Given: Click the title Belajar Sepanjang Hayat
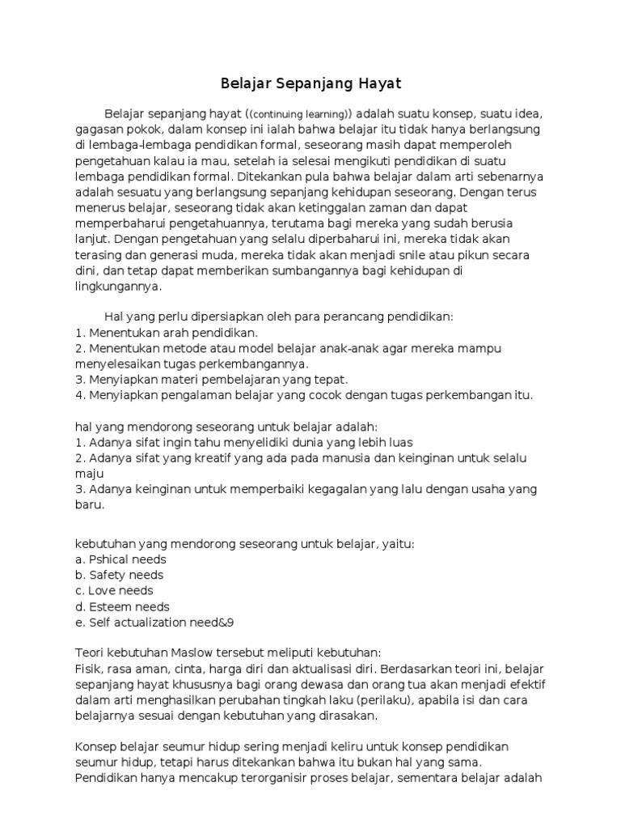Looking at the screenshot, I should (x=311, y=83).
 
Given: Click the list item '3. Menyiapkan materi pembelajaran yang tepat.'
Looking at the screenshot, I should (x=211, y=379).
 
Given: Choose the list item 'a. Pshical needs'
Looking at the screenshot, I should (x=120, y=559).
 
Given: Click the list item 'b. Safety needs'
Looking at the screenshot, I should (x=119, y=575).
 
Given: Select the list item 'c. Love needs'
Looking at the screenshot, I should (x=115, y=591).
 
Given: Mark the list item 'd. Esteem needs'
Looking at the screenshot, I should (x=122, y=606).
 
